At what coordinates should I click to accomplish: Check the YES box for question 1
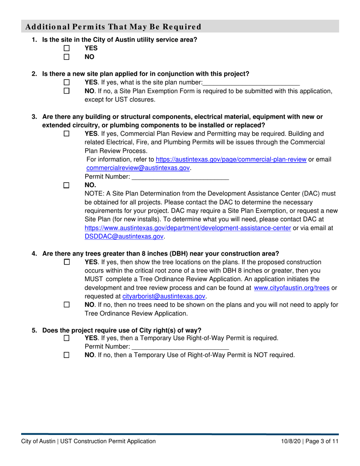[67, 48]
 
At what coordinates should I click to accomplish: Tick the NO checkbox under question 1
[67, 57]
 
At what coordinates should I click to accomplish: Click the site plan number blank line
[251, 82]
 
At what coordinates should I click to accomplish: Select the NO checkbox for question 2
[67, 91]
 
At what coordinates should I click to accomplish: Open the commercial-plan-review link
[231, 160]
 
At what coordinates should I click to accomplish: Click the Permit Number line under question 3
[180, 177]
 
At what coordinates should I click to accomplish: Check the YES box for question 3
[67, 134]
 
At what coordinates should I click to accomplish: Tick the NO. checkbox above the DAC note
[67, 185]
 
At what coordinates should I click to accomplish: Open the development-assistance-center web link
[188, 228]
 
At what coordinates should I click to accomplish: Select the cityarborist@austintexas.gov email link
[164, 297]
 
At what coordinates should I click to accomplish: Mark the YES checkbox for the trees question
[67, 262]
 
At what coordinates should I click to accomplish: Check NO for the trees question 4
[67, 305]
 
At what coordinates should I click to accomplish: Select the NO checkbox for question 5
[67, 355]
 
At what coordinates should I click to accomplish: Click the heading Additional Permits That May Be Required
[113, 27]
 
